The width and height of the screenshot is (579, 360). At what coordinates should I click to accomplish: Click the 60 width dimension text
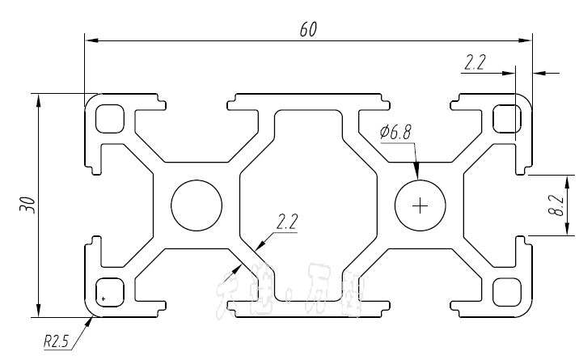(x=307, y=29)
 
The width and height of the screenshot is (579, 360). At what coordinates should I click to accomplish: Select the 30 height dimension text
(x=29, y=204)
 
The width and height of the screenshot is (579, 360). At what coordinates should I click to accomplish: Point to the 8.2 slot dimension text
(x=555, y=205)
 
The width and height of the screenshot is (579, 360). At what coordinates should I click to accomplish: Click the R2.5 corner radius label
(x=56, y=341)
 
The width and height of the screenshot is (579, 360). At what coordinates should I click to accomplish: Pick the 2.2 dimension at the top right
(x=475, y=62)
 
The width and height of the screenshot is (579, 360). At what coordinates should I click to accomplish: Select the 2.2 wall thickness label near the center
(x=287, y=221)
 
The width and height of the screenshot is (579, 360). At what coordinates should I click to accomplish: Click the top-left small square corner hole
(x=108, y=119)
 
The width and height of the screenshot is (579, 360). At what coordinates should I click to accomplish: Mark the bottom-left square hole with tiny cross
(x=108, y=291)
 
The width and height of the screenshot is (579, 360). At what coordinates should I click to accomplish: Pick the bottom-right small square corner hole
(x=507, y=291)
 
